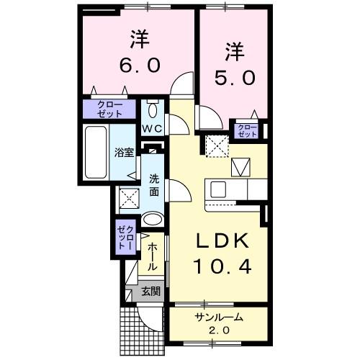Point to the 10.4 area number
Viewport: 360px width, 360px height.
click(x=222, y=268)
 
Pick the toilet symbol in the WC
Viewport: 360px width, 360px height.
click(x=152, y=110)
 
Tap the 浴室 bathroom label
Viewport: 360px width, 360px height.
click(x=124, y=153)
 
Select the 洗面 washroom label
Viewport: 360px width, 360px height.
click(x=154, y=185)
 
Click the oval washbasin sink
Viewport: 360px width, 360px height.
click(x=153, y=220)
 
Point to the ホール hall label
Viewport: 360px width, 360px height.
click(x=152, y=257)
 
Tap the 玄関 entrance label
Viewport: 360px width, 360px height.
click(x=150, y=292)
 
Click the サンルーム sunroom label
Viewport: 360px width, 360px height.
click(x=218, y=317)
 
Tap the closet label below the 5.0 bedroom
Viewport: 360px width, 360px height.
click(x=247, y=130)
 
